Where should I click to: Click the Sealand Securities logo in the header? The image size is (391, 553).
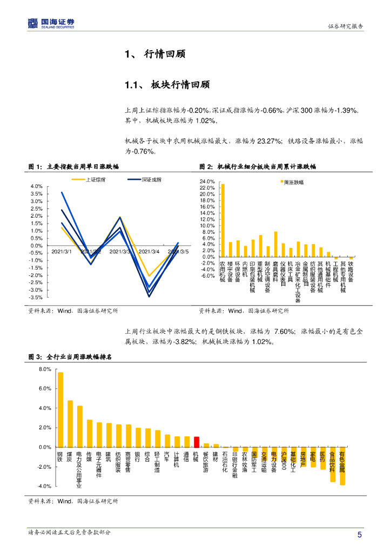(x=51, y=23)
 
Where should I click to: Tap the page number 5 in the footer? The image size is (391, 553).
(x=359, y=535)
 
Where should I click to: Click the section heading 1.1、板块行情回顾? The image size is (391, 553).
(x=167, y=85)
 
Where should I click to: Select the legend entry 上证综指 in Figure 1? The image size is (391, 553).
(x=96, y=179)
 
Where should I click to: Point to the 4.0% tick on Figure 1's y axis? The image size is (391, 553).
(x=36, y=186)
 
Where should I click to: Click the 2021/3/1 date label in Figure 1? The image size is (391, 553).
(x=61, y=251)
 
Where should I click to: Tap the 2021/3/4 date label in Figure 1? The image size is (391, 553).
(x=149, y=251)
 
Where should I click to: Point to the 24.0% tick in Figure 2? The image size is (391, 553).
(x=207, y=181)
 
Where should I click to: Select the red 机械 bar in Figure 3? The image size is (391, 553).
(x=197, y=442)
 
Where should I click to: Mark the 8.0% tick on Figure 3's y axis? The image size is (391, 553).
(x=44, y=369)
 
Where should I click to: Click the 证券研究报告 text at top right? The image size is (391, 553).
(x=346, y=26)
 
